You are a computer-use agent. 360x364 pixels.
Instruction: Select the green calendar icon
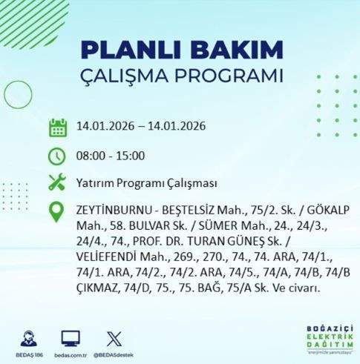[58, 127]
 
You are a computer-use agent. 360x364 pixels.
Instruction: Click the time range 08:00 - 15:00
[110, 156]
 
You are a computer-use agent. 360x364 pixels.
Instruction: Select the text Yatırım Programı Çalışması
[142, 182]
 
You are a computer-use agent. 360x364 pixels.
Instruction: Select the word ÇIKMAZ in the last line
[98, 285]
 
